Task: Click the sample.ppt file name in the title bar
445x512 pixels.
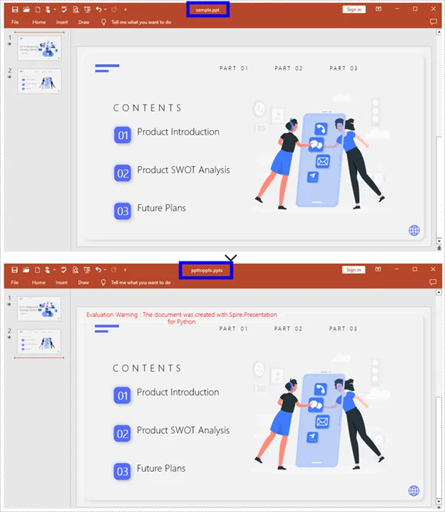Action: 206,9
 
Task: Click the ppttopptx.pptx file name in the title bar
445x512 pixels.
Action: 206,270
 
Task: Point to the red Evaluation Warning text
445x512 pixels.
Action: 182,318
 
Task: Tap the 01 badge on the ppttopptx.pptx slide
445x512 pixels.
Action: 122,396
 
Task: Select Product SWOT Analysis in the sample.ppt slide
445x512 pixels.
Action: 183,170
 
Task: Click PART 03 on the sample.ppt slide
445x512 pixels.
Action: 343,68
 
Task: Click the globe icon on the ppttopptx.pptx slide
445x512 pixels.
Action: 414,490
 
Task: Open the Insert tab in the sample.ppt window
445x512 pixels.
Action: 62,22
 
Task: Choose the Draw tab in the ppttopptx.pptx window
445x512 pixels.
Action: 83,283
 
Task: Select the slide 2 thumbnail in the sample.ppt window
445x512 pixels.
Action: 39,81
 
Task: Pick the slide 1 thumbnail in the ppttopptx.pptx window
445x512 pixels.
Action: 39,307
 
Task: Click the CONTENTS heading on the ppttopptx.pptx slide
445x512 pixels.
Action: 148,369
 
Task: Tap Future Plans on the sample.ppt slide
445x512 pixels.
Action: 161,208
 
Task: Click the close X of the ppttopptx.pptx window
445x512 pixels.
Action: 434,269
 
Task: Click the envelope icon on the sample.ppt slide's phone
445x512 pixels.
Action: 322,161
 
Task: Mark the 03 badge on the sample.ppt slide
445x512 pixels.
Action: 122,210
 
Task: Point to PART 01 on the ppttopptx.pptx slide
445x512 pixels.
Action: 233,329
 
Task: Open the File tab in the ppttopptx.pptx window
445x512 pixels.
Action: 15,283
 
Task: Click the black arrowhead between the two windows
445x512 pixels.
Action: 230,257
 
